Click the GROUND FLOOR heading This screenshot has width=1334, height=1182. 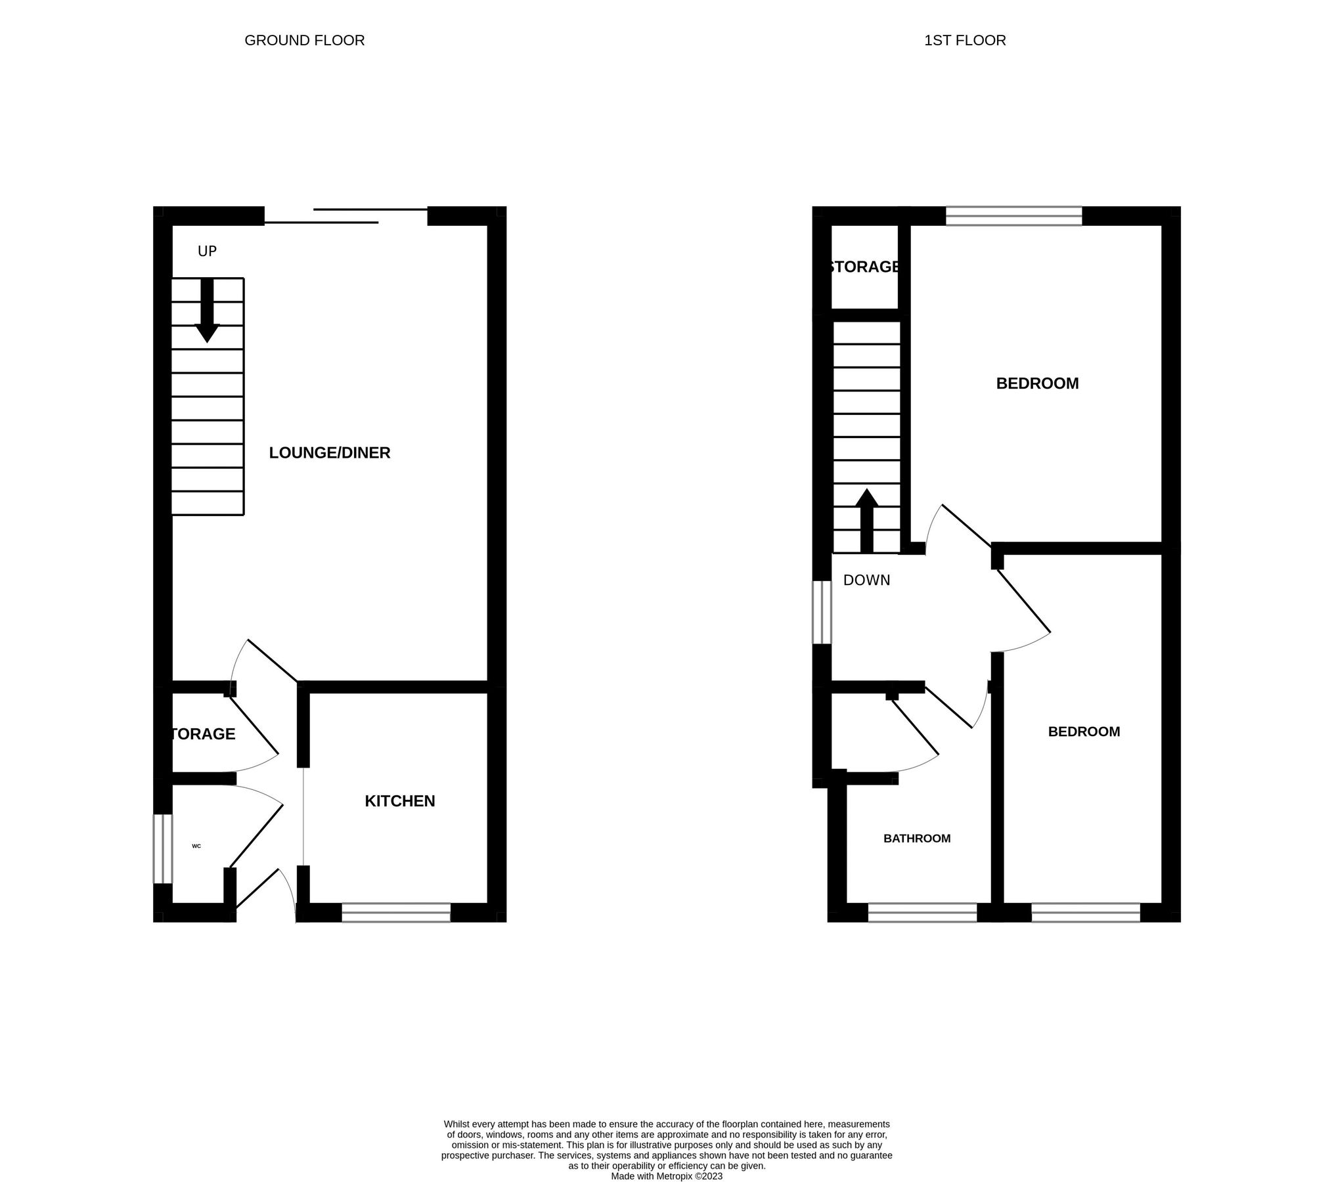(304, 41)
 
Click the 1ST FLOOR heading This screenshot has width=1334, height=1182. (964, 41)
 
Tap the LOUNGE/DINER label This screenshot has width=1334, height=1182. (330, 452)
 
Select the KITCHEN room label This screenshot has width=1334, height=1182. (399, 801)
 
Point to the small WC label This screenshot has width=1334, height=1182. (196, 846)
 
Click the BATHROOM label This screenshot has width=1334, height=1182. (916, 839)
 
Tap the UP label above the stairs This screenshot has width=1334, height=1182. (207, 252)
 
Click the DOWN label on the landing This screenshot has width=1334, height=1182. (866, 580)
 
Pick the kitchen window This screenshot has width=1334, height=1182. (396, 913)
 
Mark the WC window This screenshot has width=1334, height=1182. (162, 848)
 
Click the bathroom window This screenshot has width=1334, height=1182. (922, 913)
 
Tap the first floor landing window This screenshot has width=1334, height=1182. (822, 612)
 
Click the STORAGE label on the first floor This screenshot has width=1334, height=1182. (864, 267)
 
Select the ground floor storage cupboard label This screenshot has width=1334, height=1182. (202, 734)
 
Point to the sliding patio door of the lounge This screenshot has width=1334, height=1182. (346, 216)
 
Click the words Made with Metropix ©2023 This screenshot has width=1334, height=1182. (666, 1176)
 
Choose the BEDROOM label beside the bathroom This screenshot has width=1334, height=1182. (1084, 732)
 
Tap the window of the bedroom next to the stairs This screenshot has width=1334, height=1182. (1013, 216)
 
